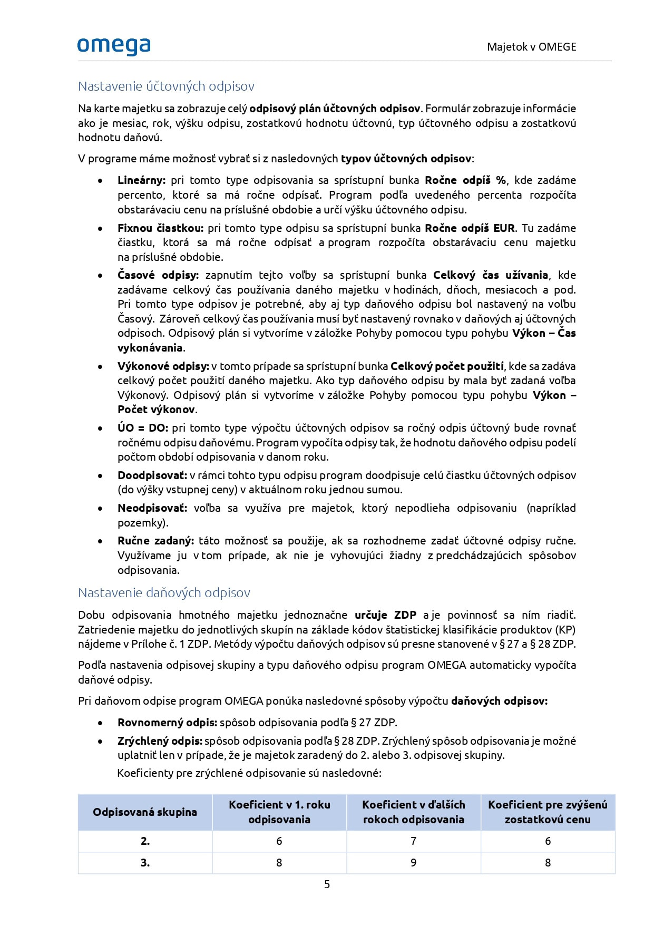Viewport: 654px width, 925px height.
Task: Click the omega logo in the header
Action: (x=114, y=46)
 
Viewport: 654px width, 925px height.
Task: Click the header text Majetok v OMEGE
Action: (x=531, y=47)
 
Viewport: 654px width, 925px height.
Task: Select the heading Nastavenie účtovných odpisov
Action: (x=166, y=86)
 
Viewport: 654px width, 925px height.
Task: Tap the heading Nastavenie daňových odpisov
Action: (x=164, y=593)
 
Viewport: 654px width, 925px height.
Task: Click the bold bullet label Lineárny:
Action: (x=141, y=180)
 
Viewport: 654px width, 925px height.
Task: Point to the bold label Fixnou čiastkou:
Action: (x=160, y=228)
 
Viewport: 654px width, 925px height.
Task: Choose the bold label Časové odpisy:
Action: (x=158, y=275)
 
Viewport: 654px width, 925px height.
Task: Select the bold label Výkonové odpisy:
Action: (x=163, y=366)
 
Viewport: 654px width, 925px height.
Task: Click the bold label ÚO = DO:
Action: (x=143, y=428)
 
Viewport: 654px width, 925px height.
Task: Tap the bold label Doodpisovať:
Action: (x=152, y=475)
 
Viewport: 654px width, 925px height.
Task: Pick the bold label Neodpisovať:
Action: (x=152, y=508)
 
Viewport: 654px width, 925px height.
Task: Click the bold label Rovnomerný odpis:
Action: (x=167, y=723)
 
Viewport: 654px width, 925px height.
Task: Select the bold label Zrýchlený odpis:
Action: (x=160, y=741)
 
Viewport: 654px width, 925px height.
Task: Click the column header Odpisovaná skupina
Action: (x=145, y=812)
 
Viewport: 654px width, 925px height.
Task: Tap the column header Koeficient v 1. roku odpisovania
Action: (x=279, y=812)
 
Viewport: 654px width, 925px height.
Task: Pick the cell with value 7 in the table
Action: (x=414, y=841)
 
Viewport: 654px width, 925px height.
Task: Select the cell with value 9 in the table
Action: (x=414, y=863)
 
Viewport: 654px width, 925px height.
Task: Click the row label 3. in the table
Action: (x=145, y=863)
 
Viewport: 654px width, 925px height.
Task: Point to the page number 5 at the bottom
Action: (x=327, y=884)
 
